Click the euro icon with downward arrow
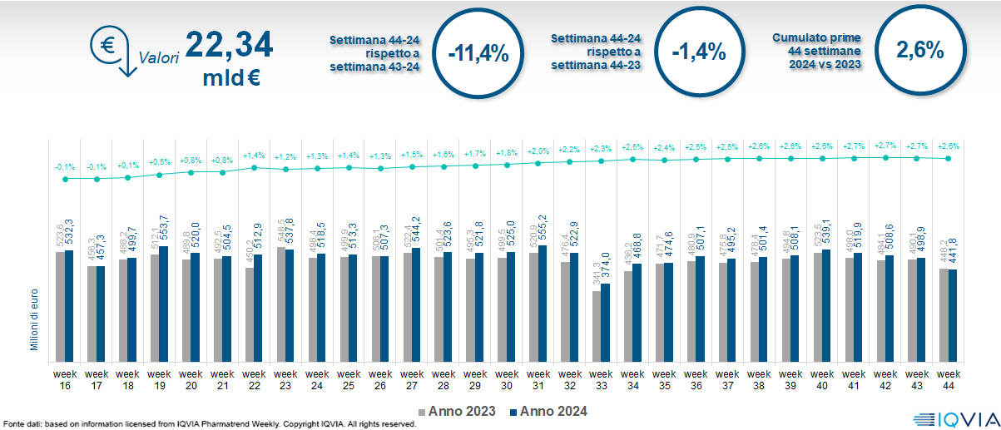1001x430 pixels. (x=113, y=51)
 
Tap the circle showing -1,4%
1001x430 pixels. (x=699, y=52)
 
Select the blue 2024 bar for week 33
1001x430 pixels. (x=606, y=321)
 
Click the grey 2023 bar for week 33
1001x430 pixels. (x=597, y=325)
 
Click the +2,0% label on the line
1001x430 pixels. (x=538, y=151)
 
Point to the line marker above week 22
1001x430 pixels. (x=255, y=167)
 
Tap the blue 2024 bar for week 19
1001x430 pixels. (x=164, y=302)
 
